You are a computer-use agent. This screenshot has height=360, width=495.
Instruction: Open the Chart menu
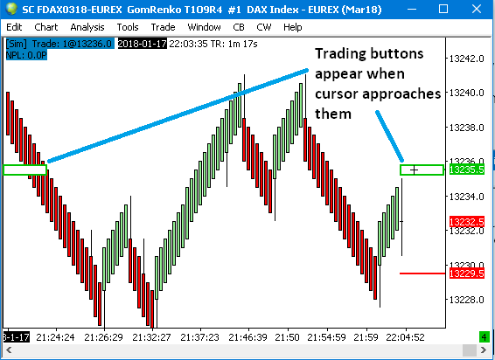46,27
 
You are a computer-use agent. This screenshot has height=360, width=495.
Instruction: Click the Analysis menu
87,27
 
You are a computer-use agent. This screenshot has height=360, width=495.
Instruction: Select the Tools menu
128,27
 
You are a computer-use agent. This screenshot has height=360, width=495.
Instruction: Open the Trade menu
163,27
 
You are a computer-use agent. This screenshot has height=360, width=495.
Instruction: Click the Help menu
293,27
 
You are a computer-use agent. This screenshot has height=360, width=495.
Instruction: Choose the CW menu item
264,27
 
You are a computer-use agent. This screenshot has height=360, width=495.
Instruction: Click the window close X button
477,9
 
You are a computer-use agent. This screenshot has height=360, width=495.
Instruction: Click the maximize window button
443,9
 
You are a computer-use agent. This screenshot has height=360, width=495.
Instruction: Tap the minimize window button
411,9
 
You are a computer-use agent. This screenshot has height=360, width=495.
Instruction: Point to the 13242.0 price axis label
466,59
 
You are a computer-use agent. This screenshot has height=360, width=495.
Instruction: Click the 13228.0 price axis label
466,300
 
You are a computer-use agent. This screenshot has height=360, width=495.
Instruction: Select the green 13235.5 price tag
466,170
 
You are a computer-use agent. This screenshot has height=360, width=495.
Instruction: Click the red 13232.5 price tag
466,222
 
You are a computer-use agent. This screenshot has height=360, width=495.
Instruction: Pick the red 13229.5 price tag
466,273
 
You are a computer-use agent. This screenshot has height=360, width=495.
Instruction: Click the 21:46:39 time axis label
247,337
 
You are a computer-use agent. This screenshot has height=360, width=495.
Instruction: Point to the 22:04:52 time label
405,337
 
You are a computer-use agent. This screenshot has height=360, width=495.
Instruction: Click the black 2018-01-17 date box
142,44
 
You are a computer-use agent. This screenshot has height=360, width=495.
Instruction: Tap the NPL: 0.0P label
26,55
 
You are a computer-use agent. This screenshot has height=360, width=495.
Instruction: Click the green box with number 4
485,337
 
